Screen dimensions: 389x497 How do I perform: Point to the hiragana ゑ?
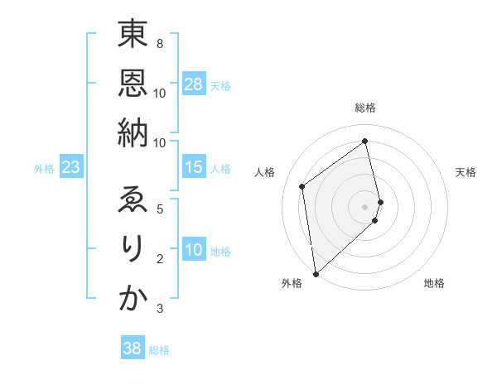coord(133,201)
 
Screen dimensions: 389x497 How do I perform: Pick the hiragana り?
coord(133,251)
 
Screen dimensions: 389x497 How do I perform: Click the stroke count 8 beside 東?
coord(159,43)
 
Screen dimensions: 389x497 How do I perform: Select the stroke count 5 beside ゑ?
coord(159,209)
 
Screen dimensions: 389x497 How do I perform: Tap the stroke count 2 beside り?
coord(159,260)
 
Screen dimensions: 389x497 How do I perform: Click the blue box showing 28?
coord(194,84)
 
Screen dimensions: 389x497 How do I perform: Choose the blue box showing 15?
coord(194,168)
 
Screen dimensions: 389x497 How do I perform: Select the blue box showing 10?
coord(194,251)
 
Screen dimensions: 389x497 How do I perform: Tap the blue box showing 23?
coord(71,168)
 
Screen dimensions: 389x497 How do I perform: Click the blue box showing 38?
coord(133,348)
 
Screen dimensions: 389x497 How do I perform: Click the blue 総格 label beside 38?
coord(159,350)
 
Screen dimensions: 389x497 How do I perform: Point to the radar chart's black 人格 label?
coord(265,172)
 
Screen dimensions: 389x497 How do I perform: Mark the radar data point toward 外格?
coord(316,274)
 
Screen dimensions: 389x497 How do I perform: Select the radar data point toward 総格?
coord(365,141)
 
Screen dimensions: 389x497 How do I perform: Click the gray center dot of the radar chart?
coord(365,206)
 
